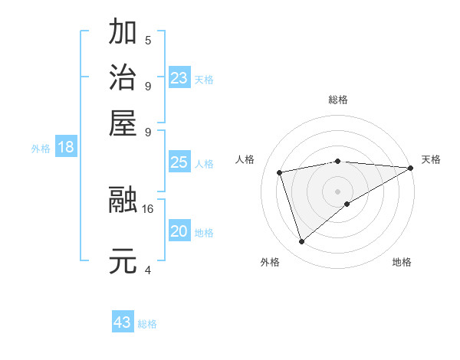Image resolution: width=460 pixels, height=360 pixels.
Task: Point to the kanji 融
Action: [x=123, y=200]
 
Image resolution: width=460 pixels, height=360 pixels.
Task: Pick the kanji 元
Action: [x=123, y=261]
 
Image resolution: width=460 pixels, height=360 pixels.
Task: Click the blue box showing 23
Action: [x=179, y=78]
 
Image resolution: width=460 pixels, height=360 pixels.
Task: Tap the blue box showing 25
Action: [x=179, y=162]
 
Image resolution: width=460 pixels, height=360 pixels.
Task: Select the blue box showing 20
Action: [x=179, y=231]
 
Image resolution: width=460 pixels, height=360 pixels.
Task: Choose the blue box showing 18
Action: [x=66, y=147]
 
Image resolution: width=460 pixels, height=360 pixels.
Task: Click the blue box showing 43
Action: [x=123, y=322]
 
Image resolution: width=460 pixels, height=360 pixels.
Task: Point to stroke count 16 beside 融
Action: [x=148, y=208]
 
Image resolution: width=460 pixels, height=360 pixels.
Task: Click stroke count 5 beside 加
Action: [x=148, y=40]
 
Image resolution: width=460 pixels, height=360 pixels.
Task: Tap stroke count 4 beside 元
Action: [x=148, y=270]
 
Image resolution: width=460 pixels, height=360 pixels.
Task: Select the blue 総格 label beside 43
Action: [x=147, y=324]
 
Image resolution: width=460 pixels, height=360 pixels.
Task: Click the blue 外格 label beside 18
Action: [x=41, y=149]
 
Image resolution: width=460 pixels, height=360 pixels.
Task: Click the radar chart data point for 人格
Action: [x=280, y=172]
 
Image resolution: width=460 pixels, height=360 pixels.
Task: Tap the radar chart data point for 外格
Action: [x=301, y=242]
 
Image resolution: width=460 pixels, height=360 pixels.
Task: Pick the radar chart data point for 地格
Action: [x=347, y=204]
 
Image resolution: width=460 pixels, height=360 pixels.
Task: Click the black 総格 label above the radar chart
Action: [x=338, y=100]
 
